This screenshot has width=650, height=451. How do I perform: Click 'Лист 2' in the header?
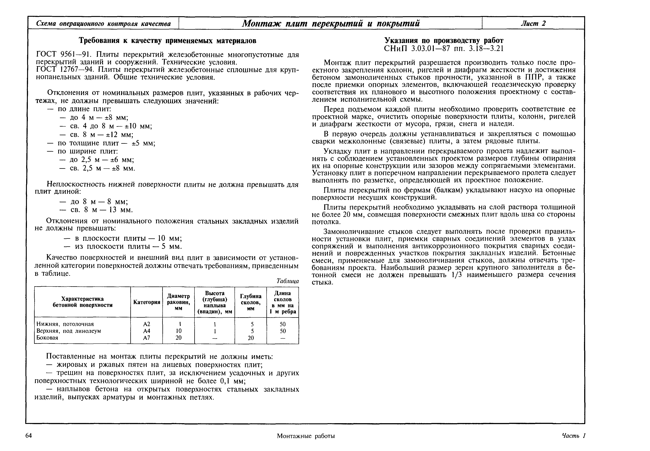533,23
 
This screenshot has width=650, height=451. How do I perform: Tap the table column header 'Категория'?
146,302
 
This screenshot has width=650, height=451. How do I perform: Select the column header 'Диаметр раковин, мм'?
178,302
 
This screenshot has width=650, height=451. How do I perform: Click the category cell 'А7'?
146,338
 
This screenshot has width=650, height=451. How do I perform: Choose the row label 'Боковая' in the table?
47,338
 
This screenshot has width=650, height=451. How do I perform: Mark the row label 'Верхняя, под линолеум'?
69,331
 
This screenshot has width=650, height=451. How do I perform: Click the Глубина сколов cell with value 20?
251,338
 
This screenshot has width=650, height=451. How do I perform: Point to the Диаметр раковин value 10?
178,331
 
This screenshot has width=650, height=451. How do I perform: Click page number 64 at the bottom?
29,436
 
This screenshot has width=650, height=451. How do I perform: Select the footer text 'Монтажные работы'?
306,436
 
